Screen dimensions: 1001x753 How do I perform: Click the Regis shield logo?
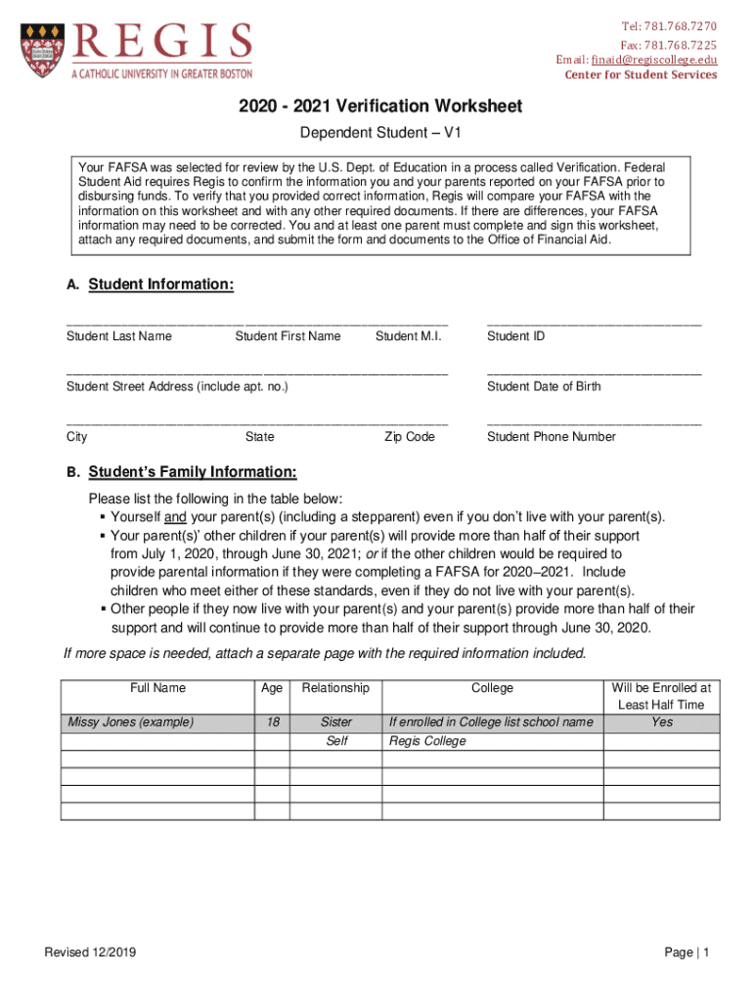(x=42, y=46)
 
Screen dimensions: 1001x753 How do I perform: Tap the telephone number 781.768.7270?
(x=681, y=26)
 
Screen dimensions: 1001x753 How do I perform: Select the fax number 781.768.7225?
(x=681, y=44)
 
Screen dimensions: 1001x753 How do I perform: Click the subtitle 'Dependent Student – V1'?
(x=376, y=133)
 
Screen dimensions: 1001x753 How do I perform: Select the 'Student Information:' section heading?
(x=161, y=284)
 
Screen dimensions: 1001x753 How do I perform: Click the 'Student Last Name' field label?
(x=118, y=336)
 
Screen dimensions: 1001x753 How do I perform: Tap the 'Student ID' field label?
(x=516, y=336)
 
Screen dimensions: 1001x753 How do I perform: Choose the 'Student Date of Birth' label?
(x=544, y=386)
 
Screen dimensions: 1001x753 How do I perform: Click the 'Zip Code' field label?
(x=409, y=437)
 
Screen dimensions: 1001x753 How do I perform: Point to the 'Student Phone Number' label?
(x=552, y=437)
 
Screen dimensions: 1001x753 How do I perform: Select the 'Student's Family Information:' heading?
(x=193, y=473)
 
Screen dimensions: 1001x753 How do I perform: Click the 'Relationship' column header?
(x=335, y=688)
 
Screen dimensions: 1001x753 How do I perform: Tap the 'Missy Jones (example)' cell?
(x=130, y=722)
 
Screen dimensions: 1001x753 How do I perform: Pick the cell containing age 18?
(x=272, y=722)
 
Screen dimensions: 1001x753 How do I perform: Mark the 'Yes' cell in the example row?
(x=662, y=722)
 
